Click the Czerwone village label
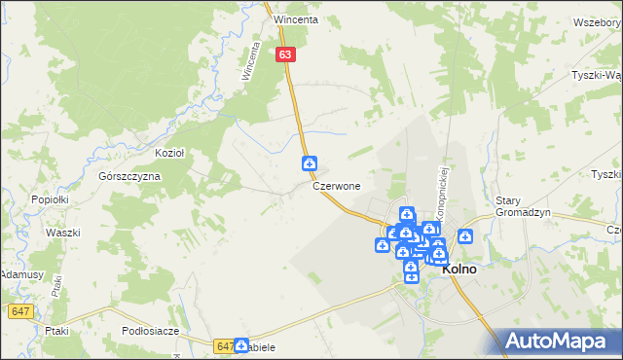point(337,185)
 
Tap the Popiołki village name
point(48,198)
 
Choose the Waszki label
point(62,234)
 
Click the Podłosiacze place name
point(149,331)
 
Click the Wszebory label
point(598,21)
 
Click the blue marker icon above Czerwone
point(309,163)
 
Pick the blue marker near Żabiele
point(240,344)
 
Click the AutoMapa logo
point(561,341)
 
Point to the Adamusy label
point(21,275)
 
